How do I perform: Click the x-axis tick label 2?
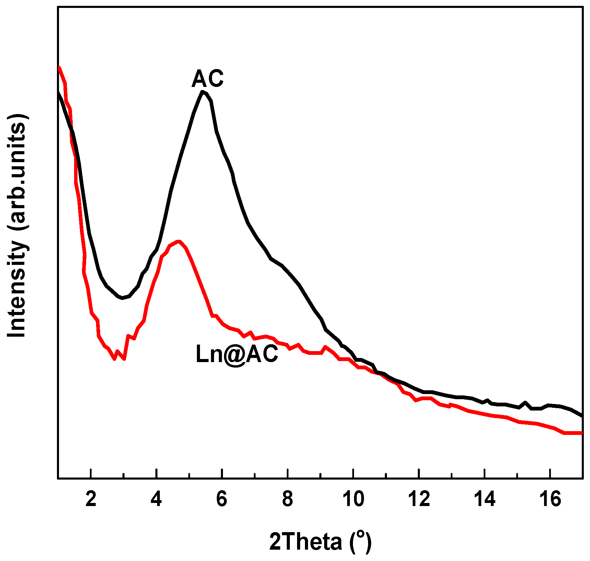coord(91,499)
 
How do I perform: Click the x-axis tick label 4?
coord(156,499)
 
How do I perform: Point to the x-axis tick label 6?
coord(222,499)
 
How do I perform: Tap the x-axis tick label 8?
coord(287,499)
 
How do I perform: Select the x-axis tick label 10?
coord(353,499)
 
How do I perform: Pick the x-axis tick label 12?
coord(419,499)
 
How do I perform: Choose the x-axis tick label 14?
coord(485,499)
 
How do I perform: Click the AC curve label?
coord(208,79)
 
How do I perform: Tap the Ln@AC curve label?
coord(237,354)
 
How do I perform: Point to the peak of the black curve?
coord(203,92)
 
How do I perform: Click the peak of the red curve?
coord(178,242)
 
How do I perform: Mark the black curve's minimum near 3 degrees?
coord(122,298)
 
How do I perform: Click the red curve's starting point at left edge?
coord(60,68)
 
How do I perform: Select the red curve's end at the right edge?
coord(581,433)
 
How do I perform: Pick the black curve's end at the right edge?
coord(581,416)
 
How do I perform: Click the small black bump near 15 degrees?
coord(525,402)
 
